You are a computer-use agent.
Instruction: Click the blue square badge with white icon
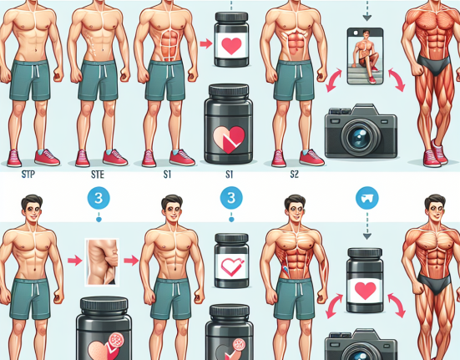point(366,200)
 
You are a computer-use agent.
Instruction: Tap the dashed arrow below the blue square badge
point(366,225)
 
